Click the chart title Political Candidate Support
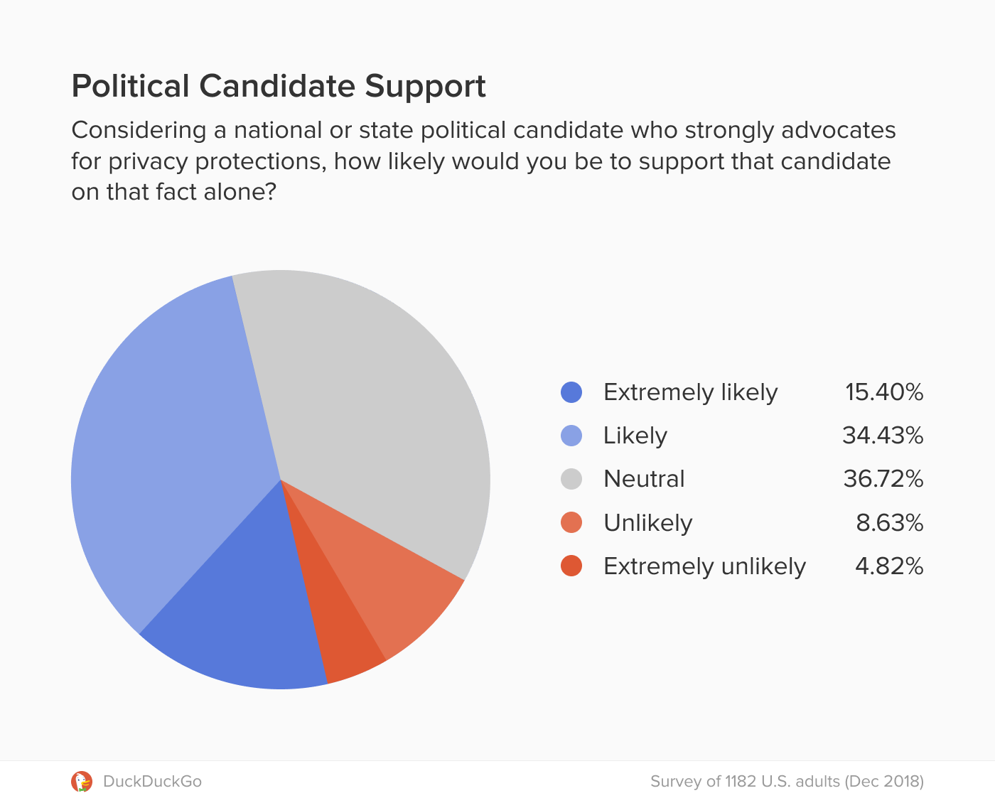279,86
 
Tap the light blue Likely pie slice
171,455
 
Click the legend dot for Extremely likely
571,392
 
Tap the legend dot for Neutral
571,479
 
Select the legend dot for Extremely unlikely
571,566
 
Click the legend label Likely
635,436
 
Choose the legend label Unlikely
647,523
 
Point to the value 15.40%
884,392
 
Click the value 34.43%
883,436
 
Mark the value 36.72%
883,479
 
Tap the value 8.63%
890,523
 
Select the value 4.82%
889,566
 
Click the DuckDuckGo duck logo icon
82,782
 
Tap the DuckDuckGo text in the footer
152,782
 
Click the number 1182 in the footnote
741,782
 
